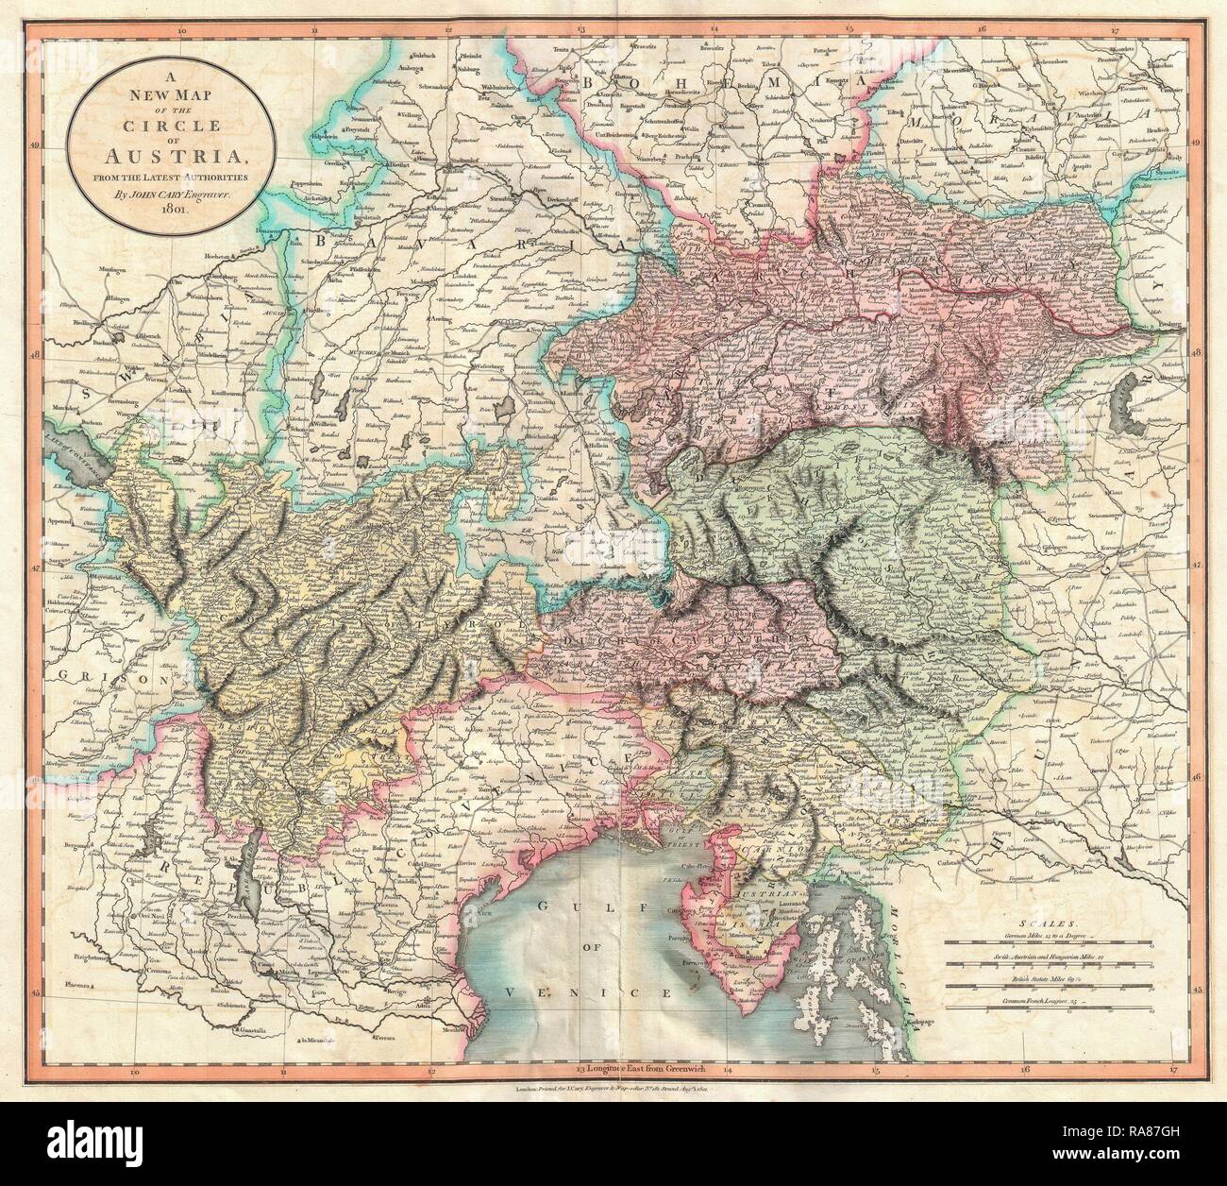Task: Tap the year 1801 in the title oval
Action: (160, 210)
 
